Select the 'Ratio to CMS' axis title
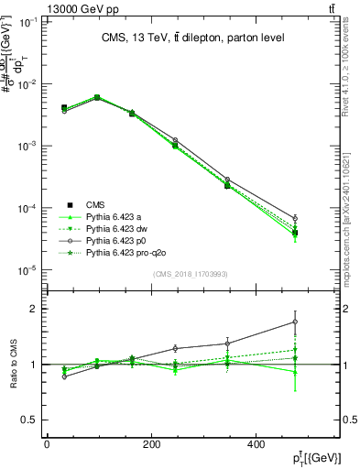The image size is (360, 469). coord(16,365)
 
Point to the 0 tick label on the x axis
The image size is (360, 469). coord(47,445)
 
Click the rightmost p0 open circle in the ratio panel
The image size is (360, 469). coord(294,322)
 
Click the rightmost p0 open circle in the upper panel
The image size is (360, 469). coord(294,218)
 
